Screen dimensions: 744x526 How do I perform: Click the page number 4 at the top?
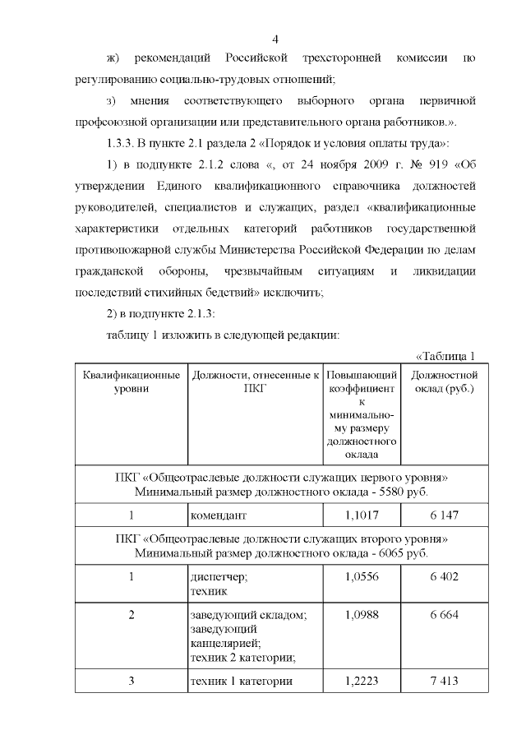(276, 39)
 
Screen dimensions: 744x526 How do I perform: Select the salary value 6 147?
(443, 515)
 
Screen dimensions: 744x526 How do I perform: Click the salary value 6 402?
(443, 577)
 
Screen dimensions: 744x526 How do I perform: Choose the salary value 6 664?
(443, 615)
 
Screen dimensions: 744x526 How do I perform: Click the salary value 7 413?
(443, 681)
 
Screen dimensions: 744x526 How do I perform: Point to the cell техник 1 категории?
(240, 681)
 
